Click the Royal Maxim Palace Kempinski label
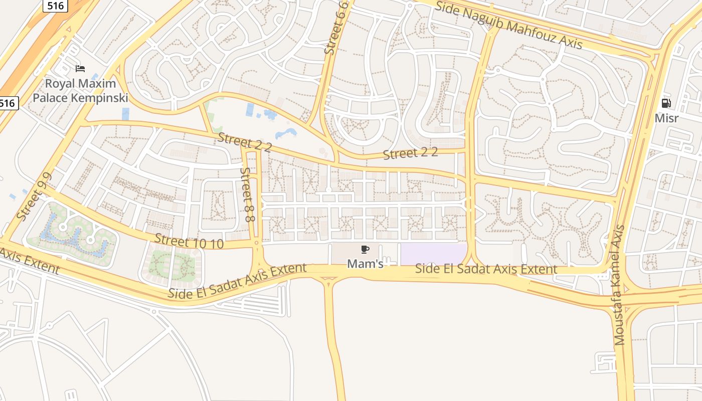coord(80,91)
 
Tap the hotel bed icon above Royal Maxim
coord(80,68)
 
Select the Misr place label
coord(666,118)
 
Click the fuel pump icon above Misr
coord(666,104)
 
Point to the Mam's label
coord(365,264)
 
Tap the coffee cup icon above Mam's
coord(365,249)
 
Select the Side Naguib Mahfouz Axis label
coord(508,25)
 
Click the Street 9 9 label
coord(34,196)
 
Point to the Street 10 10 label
coord(189,242)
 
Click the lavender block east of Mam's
coord(433,255)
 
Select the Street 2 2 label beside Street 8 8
coord(244,142)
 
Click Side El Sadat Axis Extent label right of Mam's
coord(486,269)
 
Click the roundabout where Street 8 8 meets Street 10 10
coord(256,243)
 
